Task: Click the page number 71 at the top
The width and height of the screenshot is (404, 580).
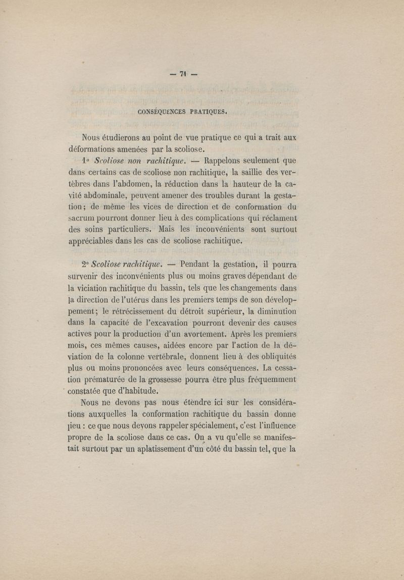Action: (x=183, y=74)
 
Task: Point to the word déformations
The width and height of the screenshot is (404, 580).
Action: (x=94, y=149)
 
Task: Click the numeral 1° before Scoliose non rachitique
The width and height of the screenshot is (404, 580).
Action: (x=84, y=162)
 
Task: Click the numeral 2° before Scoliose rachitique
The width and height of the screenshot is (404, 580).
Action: (x=84, y=264)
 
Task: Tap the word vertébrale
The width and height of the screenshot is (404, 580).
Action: (x=160, y=358)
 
